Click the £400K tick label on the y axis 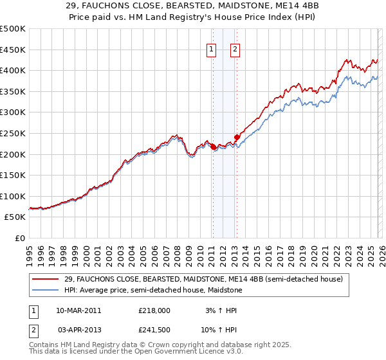[13, 70]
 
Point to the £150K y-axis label [13, 175]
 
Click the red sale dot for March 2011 [213, 147]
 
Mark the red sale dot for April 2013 [237, 137]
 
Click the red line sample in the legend [45, 280]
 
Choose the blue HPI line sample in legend [45, 291]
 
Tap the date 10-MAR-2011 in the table [78, 310]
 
